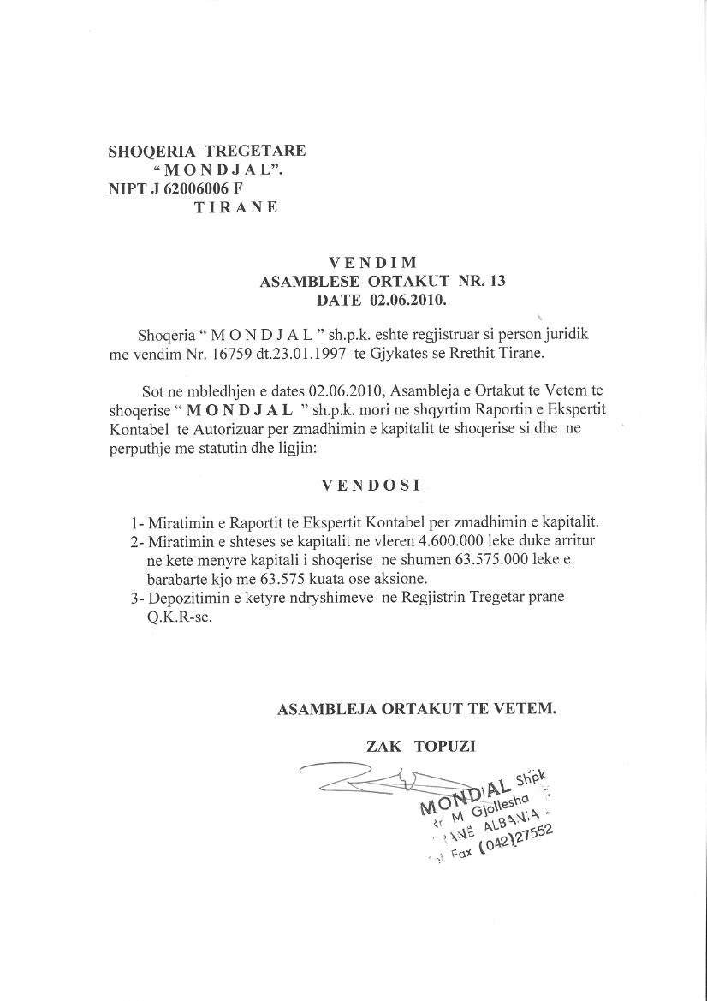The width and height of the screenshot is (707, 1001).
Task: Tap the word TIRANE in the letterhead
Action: coord(236,207)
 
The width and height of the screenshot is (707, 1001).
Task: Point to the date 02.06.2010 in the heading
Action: coord(407,301)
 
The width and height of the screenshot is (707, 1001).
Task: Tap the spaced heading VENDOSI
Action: coord(371,485)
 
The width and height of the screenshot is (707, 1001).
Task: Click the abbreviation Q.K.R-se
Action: coord(174,617)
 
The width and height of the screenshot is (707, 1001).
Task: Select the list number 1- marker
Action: coord(137,522)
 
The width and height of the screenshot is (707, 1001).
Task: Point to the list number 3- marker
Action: coord(137,598)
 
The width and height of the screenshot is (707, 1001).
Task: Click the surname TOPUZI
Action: coord(444,746)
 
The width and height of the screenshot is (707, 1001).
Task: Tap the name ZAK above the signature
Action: coord(383,746)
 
